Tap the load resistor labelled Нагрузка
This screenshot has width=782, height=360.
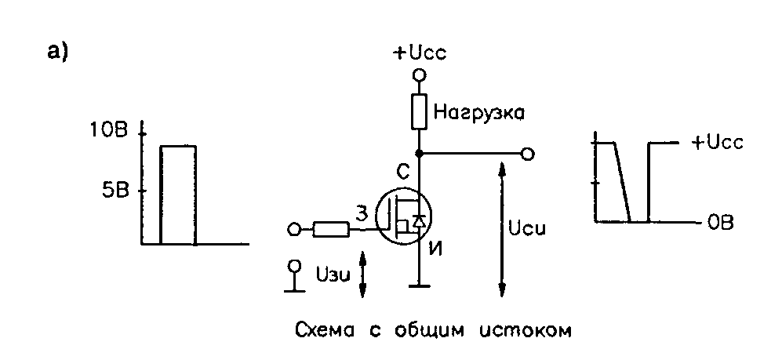420,113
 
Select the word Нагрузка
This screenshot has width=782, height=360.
478,113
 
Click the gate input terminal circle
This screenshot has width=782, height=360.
294,229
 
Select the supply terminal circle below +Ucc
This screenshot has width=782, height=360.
420,75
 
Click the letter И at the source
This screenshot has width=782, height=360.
435,251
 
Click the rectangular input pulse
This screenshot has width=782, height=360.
178,195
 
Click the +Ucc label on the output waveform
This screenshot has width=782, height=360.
717,143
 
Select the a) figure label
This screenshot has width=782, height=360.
60,52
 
